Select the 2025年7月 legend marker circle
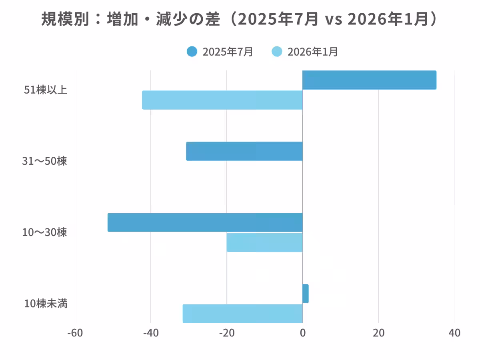[192, 52]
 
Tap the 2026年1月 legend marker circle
[277, 52]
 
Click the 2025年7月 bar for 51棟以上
[369, 80]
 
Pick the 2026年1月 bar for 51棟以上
[222, 100]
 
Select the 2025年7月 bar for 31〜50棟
[244, 151]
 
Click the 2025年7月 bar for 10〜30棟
[205, 222]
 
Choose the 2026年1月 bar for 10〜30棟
[264, 242]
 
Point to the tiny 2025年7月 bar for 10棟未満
[306, 294]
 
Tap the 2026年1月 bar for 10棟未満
[242, 313]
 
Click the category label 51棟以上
[46, 90]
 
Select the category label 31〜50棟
[44, 161]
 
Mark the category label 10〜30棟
[44, 232]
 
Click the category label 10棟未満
[46, 304]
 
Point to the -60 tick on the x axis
[75, 333]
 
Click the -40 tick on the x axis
[151, 333]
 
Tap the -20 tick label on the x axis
[227, 333]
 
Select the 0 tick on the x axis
[303, 333]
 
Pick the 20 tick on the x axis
[378, 333]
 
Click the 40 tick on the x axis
[454, 333]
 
